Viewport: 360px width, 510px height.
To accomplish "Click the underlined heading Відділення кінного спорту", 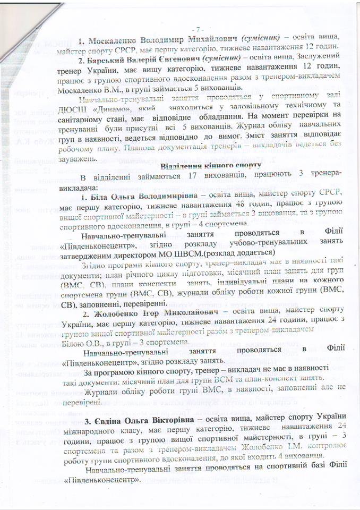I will coord(210,165).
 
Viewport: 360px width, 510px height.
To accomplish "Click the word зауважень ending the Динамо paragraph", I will coord(84,157).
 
